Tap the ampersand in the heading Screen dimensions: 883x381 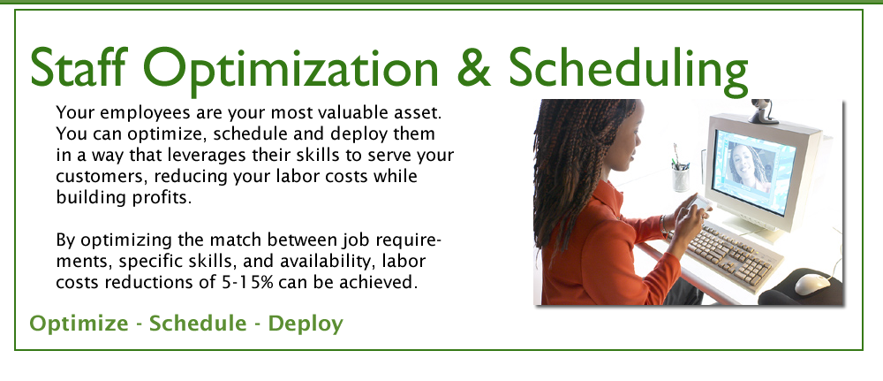point(474,68)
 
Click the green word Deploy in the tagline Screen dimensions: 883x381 point(306,324)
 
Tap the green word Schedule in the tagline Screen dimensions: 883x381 point(198,324)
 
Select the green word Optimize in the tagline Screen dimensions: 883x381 point(79,324)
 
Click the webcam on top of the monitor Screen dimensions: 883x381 point(763,111)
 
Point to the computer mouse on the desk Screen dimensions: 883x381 point(812,284)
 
